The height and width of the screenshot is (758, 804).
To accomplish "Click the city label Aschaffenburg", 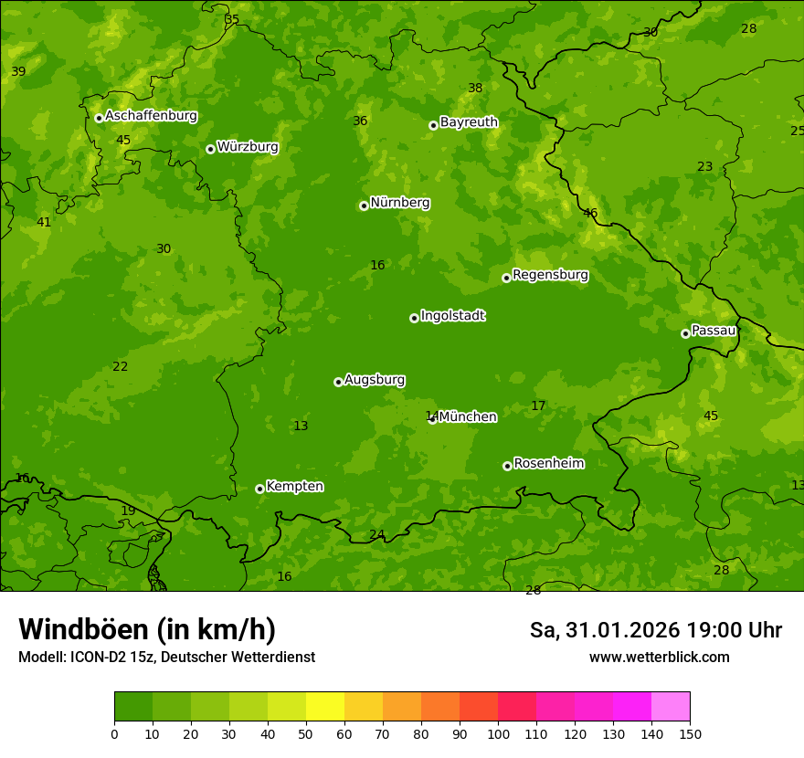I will tap(151, 116).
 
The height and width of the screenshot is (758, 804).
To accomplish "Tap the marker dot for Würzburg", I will tap(210, 149).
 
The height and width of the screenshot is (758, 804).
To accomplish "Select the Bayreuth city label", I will tap(469, 122).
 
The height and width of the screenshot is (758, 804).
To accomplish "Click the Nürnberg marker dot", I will tap(364, 205).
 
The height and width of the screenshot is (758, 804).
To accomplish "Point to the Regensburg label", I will tap(550, 275).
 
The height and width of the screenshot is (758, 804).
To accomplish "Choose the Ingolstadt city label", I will tap(452, 316).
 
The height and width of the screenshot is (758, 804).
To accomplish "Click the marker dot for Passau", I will tap(685, 333).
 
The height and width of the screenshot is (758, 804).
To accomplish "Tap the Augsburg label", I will tap(375, 380).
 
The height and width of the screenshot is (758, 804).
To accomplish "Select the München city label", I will tap(468, 417).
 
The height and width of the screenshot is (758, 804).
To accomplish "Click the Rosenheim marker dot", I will tap(507, 466).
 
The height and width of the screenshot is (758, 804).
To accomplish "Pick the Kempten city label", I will tap(294, 487).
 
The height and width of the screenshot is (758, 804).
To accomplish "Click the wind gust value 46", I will tap(590, 214).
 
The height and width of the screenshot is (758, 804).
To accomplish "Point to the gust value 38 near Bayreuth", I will tap(475, 89).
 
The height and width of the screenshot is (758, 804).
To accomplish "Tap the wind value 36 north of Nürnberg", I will tap(360, 121).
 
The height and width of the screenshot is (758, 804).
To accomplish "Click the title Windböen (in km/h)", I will tap(147, 629).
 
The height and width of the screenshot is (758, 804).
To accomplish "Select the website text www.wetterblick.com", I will tap(659, 658).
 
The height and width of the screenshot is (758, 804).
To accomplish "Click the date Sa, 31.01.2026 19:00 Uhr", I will tap(655, 630).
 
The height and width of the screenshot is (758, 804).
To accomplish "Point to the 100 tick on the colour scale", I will tap(498, 733).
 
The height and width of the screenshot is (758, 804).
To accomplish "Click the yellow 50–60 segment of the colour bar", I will tap(325, 706).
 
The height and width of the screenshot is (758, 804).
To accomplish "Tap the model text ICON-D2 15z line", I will tap(166, 658).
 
